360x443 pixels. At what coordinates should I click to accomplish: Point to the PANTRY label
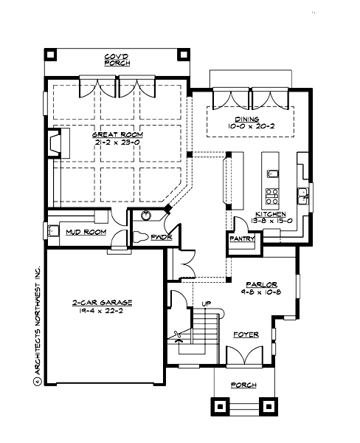coord(242,238)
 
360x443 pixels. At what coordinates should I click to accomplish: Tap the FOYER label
coord(246,334)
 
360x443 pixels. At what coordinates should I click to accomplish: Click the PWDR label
coord(161,238)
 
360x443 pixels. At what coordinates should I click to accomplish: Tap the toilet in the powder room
coord(142,238)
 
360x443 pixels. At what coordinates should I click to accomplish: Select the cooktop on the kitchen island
coord(271,196)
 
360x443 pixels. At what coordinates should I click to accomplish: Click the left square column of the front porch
coord(221,405)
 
